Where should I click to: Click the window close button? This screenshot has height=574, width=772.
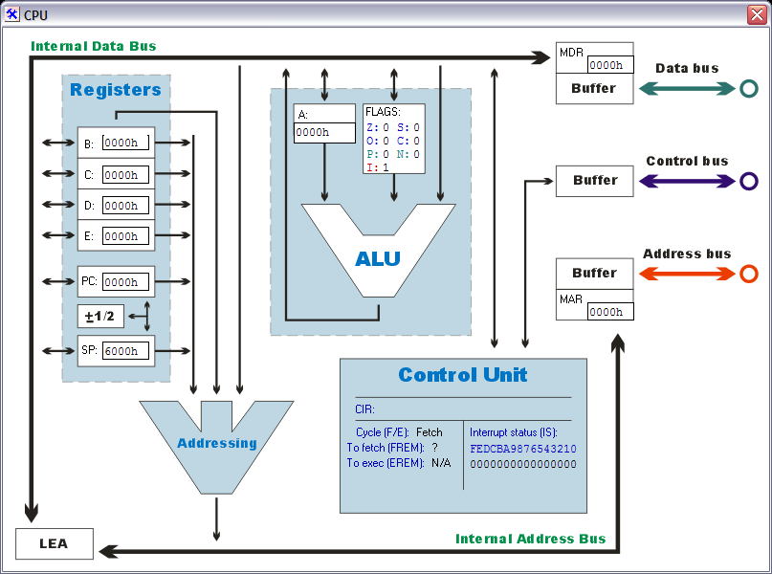[x=757, y=14]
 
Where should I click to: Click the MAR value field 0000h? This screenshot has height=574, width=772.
[x=609, y=312]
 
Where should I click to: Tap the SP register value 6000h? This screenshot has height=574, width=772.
[x=125, y=351]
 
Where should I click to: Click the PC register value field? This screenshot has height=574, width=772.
[x=125, y=282]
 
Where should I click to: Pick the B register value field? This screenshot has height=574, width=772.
[x=125, y=143]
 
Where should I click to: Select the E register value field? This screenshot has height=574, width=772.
[x=125, y=236]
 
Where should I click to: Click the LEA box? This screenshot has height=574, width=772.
[x=55, y=544]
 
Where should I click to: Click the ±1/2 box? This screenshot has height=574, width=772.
[x=100, y=317]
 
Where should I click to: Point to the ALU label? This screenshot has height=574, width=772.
[x=378, y=258]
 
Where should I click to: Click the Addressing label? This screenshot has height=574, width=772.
[x=217, y=443]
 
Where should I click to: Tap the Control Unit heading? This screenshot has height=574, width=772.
[x=463, y=375]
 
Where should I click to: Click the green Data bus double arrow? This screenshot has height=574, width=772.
[x=686, y=88]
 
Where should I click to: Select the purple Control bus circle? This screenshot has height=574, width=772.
[x=748, y=181]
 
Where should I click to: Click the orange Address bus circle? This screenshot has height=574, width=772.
[x=748, y=274]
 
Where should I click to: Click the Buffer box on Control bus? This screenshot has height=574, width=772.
[x=594, y=181]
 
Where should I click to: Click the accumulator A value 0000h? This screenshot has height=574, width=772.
[x=323, y=133]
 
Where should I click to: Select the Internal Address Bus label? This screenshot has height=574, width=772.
[x=530, y=539]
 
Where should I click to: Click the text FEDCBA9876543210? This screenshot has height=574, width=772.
[x=523, y=449]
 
